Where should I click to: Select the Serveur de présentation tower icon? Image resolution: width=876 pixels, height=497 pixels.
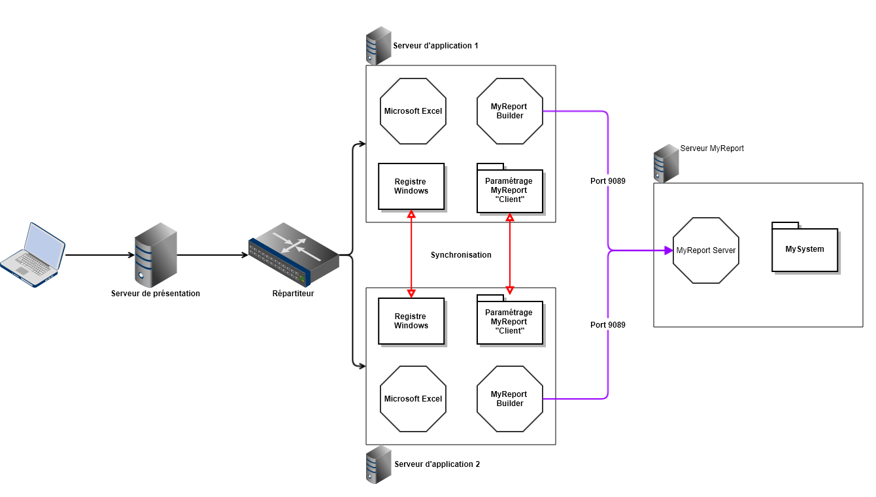(156, 254)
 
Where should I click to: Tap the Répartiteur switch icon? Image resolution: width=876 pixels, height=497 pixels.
(294, 254)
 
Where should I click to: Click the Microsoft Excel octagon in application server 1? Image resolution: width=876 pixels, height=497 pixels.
(413, 111)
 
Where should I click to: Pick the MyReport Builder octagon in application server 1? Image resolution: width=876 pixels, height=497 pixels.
(510, 111)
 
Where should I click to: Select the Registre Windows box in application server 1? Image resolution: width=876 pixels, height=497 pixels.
(411, 186)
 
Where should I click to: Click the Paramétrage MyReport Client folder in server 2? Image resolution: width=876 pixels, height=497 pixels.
(510, 320)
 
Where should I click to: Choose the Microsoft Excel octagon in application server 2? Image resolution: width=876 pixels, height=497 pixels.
(413, 399)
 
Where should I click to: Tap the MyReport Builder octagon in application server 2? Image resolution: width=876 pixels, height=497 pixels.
(510, 399)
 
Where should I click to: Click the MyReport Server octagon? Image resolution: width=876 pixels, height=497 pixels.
(706, 250)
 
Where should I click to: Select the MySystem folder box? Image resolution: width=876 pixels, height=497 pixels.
(805, 249)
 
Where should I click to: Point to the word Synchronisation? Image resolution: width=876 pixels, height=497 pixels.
(461, 255)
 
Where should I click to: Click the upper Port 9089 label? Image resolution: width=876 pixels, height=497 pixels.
(608, 181)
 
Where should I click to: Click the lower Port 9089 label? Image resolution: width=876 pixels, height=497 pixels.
(608, 325)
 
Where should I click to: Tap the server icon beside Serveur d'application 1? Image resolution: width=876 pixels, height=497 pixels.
(379, 46)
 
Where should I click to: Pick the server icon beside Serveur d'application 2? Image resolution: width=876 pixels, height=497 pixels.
(379, 464)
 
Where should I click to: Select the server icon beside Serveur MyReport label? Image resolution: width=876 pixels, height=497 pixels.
(666, 163)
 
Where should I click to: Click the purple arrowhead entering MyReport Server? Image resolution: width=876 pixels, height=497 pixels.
(668, 250)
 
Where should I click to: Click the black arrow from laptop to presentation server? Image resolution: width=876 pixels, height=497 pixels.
(98, 255)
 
